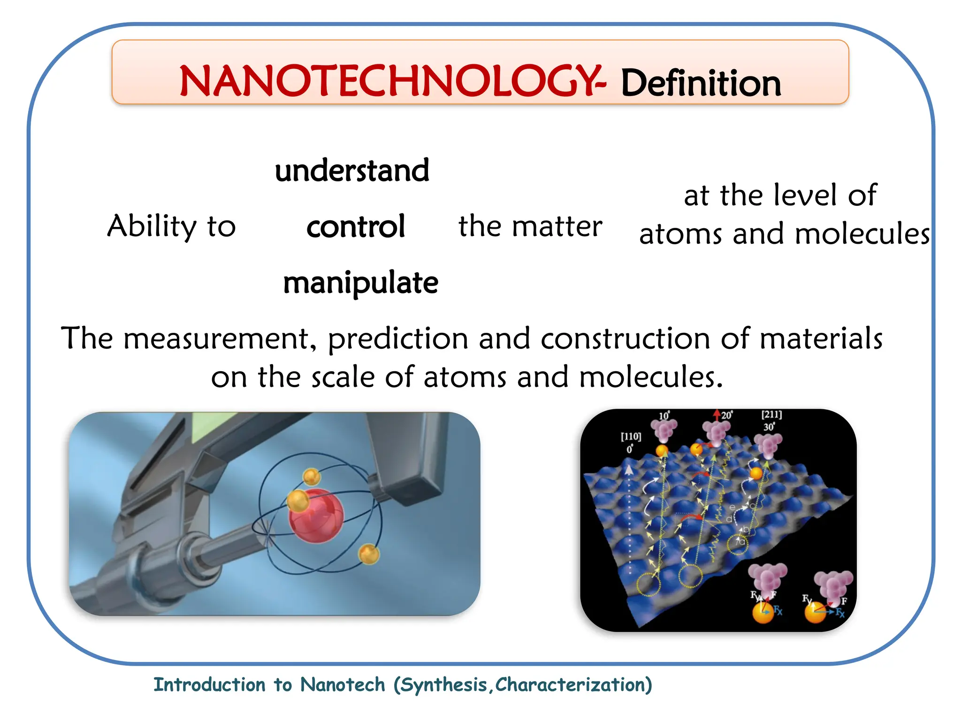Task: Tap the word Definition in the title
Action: [x=701, y=83]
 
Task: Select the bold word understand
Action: [x=352, y=171]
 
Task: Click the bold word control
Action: [x=356, y=227]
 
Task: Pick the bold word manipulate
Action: [x=360, y=283]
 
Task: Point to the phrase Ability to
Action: [x=171, y=226]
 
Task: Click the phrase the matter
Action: [x=530, y=226]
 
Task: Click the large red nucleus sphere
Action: [x=316, y=516]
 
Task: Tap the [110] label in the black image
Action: [x=631, y=436]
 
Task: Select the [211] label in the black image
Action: [x=771, y=414]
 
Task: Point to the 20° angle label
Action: [x=726, y=415]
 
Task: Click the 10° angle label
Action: [x=664, y=416]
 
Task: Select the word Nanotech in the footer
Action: [x=343, y=685]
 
